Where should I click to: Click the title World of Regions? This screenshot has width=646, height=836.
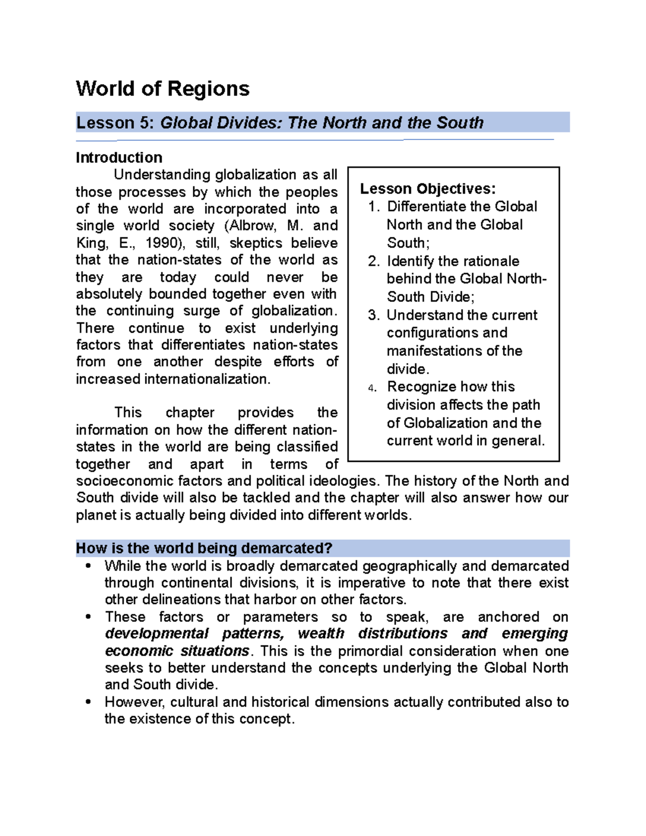pos(163,89)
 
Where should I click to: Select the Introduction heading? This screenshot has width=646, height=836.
pos(119,158)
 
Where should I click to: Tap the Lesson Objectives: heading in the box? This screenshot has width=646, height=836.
pos(428,189)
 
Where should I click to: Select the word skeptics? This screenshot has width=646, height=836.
pos(256,243)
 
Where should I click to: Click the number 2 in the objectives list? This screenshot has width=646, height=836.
pos(374,262)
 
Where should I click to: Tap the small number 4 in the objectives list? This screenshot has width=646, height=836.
pos(372,388)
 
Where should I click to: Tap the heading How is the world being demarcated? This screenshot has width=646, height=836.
pos(204,549)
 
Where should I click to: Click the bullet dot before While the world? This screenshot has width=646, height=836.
pos(88,566)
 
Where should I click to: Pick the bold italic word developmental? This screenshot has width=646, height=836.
pos(157,634)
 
